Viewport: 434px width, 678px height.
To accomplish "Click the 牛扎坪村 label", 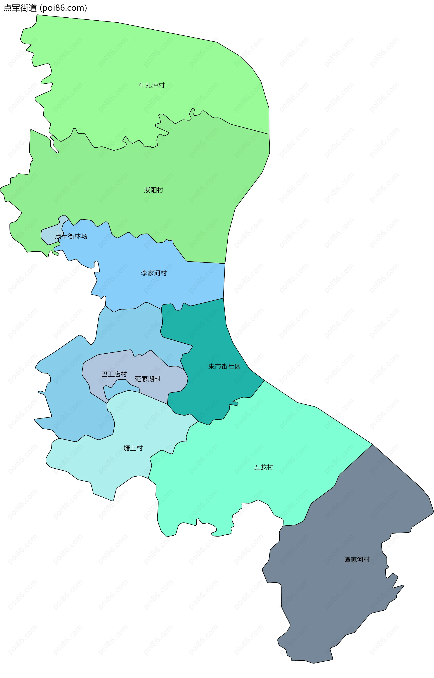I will pyautogui.click(x=152, y=85).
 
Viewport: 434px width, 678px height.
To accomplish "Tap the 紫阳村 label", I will pyautogui.click(x=153, y=190).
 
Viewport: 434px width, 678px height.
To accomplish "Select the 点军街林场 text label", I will pyautogui.click(x=71, y=236).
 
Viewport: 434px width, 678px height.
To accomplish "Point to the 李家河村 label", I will pyautogui.click(x=154, y=273).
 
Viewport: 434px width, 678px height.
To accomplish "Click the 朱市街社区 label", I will pyautogui.click(x=224, y=366).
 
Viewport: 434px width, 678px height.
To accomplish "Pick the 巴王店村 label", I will pyautogui.click(x=114, y=374).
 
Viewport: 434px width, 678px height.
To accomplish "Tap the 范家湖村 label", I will pyautogui.click(x=148, y=379).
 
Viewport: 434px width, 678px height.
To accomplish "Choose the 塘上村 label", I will pyautogui.click(x=133, y=448).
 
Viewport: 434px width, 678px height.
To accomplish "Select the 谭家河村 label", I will pyautogui.click(x=357, y=559).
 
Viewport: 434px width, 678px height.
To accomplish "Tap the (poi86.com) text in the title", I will pyautogui.click(x=64, y=8).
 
